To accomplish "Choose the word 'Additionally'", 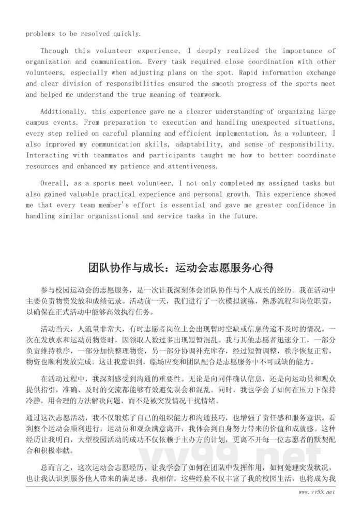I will pos(65,111).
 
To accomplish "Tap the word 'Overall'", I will pos(55,183).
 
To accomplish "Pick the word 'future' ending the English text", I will pos(245,216).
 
